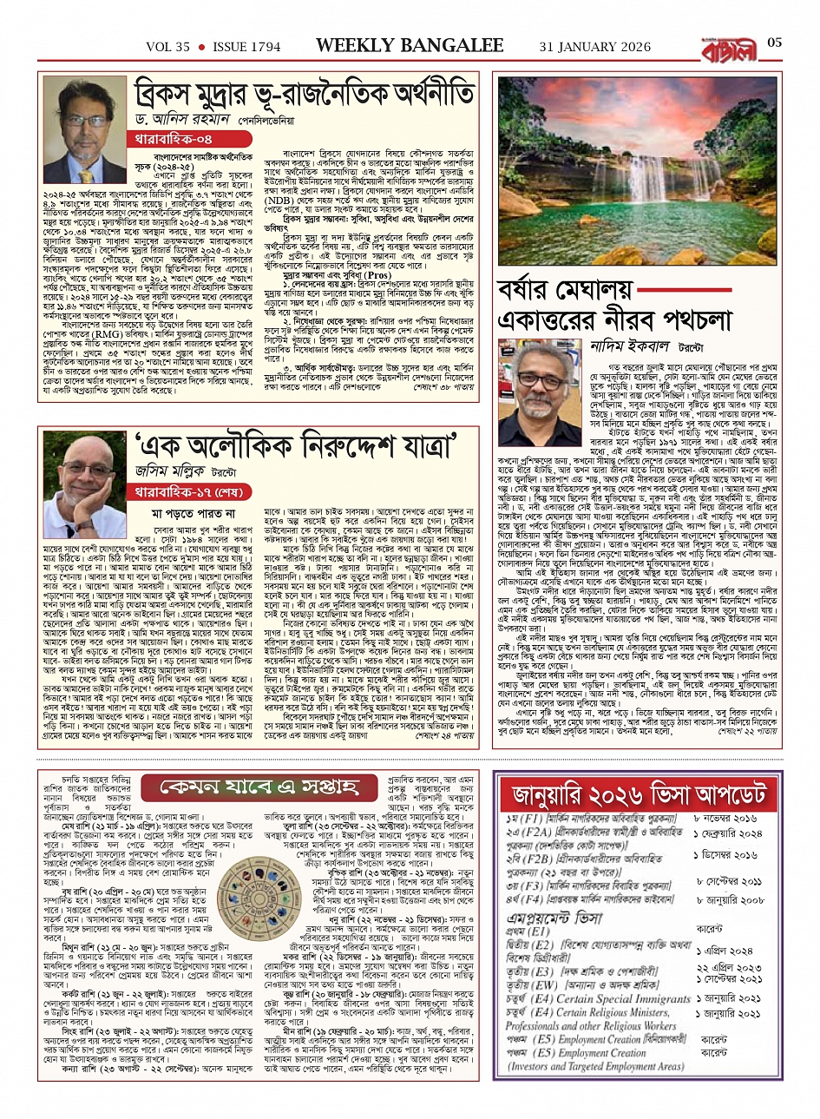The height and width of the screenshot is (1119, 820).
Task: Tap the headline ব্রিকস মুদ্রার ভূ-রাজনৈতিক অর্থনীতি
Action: tap(304, 95)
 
